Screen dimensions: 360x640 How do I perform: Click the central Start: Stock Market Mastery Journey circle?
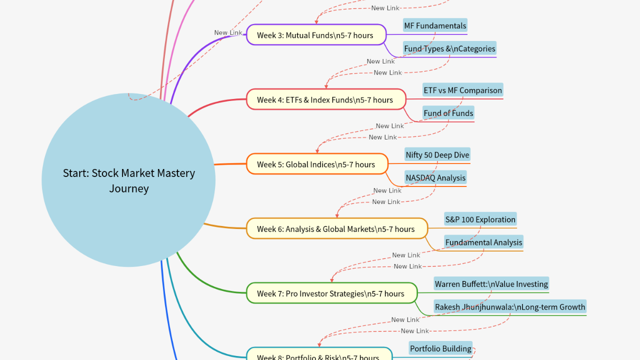tap(128, 180)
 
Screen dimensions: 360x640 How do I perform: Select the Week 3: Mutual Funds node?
tap(316, 35)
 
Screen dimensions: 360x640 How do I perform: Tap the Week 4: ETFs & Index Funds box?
tap(325, 99)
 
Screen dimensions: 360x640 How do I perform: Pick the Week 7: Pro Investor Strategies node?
tap(331, 293)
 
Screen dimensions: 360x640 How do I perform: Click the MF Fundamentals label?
tap(435, 25)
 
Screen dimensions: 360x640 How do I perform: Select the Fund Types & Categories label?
tap(449, 48)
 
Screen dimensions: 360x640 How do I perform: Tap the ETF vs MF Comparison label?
tap(462, 90)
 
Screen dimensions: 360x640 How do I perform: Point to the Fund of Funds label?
tap(448, 113)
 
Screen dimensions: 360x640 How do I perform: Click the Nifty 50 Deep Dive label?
tap(437, 155)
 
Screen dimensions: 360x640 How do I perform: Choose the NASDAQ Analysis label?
tap(435, 177)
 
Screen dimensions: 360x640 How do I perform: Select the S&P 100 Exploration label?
tap(480, 219)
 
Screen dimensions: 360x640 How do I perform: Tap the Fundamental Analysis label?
tap(483, 242)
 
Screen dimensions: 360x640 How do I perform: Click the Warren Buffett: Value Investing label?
tap(491, 284)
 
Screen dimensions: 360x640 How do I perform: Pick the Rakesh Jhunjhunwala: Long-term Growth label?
tap(509, 307)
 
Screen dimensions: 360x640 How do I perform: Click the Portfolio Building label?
tap(440, 348)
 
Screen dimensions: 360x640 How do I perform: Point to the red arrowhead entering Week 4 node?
tap(326, 86)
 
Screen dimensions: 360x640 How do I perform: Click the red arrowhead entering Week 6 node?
tap(337, 215)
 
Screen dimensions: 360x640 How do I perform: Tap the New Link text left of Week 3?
tap(228, 32)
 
